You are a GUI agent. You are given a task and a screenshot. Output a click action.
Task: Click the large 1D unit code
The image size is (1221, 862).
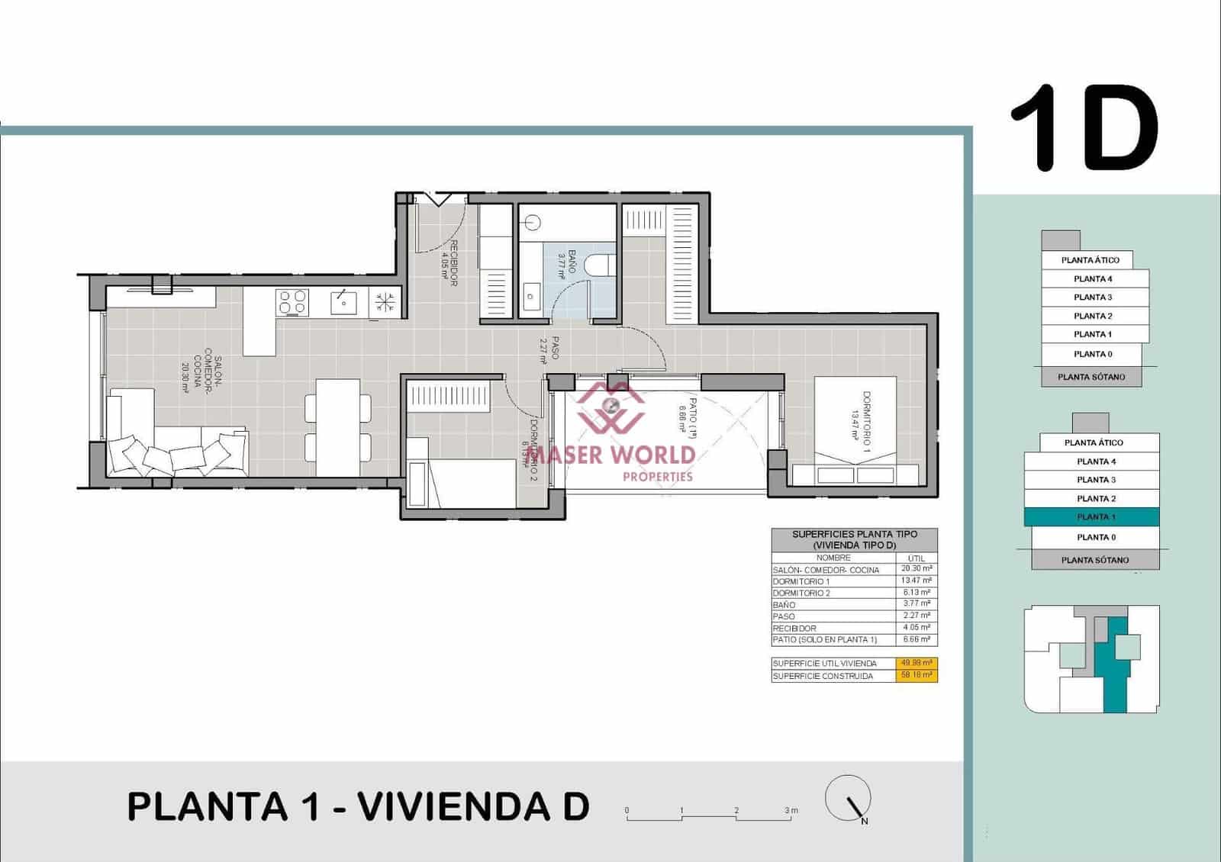click(x=1084, y=127)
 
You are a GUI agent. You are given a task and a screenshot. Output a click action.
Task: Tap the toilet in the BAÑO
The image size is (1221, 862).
click(x=601, y=265)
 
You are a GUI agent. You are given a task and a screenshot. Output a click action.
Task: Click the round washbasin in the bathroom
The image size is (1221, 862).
click(x=533, y=223)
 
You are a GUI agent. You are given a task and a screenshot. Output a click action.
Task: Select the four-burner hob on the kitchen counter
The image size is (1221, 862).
click(x=292, y=303)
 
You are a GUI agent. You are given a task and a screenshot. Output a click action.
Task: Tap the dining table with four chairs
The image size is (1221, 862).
click(x=337, y=427)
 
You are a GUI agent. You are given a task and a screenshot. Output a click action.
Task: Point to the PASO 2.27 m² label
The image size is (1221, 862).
click(x=550, y=352)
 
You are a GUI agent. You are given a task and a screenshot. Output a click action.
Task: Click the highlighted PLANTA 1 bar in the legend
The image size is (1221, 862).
click(x=1091, y=517)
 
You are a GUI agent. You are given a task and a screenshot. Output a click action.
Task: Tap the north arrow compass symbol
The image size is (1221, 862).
click(x=849, y=799)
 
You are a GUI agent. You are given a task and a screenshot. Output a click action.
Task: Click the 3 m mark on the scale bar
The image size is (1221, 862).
click(x=791, y=811)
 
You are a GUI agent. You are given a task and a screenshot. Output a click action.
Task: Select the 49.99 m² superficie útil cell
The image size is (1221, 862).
click(x=916, y=663)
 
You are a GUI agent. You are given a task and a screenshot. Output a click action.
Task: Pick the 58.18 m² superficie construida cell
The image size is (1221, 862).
click(x=916, y=675)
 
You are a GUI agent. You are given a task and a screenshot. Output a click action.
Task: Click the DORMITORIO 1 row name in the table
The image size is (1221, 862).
click(x=801, y=581)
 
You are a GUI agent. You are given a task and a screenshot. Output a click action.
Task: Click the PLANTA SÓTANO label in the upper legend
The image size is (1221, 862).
click(x=1091, y=377)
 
